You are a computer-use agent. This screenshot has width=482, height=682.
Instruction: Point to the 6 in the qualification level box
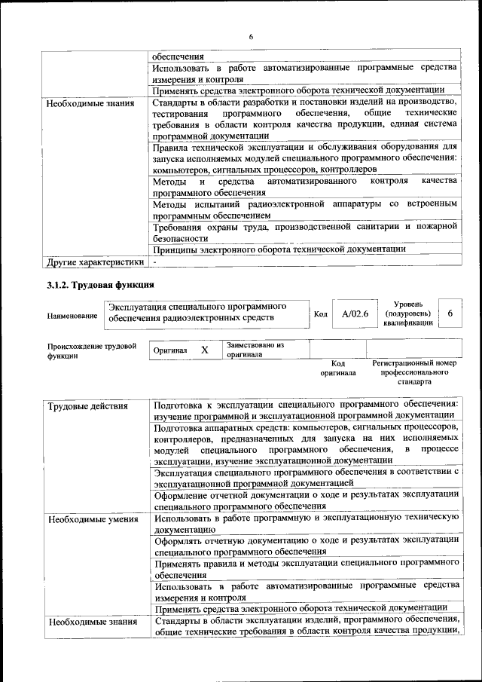click(x=450, y=313)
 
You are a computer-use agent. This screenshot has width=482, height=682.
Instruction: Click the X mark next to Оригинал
click(x=204, y=350)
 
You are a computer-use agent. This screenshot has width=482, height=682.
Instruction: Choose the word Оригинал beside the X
click(x=170, y=351)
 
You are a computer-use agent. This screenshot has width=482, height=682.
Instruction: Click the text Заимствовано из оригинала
click(x=255, y=349)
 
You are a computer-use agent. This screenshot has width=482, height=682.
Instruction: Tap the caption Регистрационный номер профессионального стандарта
click(x=415, y=372)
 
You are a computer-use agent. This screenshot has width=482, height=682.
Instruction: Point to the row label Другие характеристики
click(x=95, y=262)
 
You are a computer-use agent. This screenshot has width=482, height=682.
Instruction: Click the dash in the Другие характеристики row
click(x=154, y=262)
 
